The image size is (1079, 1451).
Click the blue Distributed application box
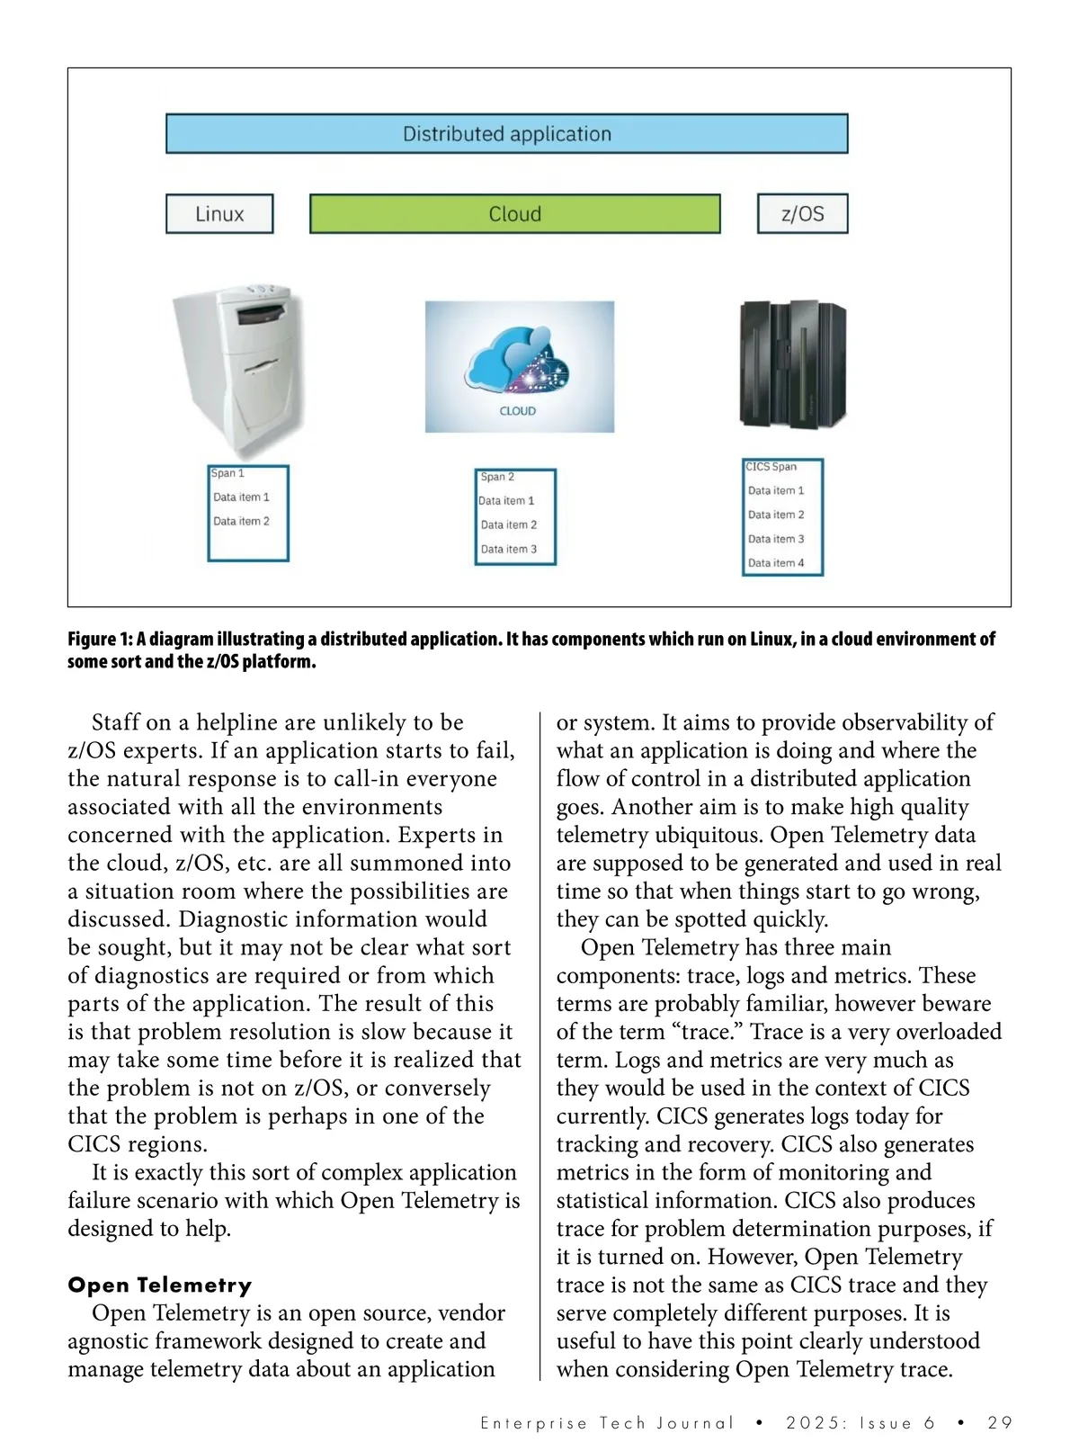[506, 134]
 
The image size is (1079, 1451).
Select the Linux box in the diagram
[219, 214]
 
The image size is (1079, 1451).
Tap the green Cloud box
[514, 214]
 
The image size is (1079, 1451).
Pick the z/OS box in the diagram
[802, 214]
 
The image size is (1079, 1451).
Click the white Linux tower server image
[238, 369]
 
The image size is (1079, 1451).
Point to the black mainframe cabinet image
[792, 364]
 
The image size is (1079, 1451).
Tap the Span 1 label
[227, 473]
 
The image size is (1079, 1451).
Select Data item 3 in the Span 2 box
[508, 549]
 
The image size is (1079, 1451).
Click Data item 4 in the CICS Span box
[776, 563]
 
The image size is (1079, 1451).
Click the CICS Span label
[771, 467]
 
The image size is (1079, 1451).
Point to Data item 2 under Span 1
[241, 521]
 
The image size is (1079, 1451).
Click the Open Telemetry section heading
[160, 1285]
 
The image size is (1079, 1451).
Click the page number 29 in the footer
[1000, 1423]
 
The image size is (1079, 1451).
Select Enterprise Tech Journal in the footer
[607, 1423]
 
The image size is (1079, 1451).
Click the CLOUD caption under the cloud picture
[518, 411]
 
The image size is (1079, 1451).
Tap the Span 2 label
[497, 477]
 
